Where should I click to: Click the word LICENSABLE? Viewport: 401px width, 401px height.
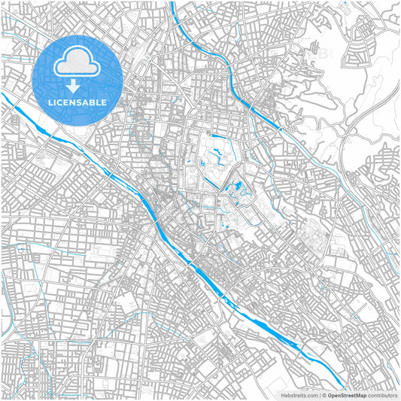tap(78, 102)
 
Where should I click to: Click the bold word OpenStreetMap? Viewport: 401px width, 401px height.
tap(347, 394)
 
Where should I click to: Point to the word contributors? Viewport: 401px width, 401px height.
tap(382, 394)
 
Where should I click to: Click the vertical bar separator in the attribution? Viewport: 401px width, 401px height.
tap(319, 394)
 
